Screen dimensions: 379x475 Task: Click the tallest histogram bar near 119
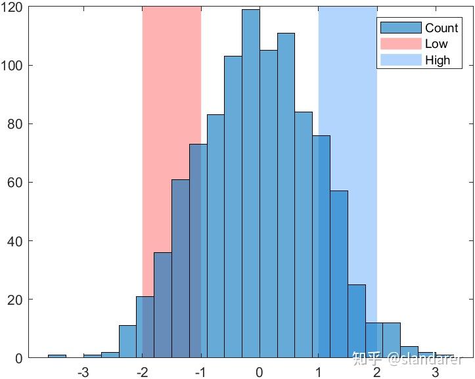click(250, 184)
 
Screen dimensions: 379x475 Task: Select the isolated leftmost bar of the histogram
click(57, 356)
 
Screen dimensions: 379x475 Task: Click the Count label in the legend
click(441, 28)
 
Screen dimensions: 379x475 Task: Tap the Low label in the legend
click(436, 44)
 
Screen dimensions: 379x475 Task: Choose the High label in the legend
click(438, 60)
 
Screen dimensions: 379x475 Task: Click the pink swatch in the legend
click(400, 44)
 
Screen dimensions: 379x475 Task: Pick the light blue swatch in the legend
click(400, 60)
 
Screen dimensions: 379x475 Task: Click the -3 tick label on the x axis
click(83, 372)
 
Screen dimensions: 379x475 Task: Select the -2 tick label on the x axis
click(141, 372)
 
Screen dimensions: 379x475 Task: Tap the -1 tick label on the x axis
click(200, 372)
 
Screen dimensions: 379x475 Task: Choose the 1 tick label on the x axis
click(319, 372)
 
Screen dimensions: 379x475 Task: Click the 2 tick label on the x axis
click(377, 372)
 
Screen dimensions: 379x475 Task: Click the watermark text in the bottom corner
click(407, 359)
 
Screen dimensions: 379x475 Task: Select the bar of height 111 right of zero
click(286, 197)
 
